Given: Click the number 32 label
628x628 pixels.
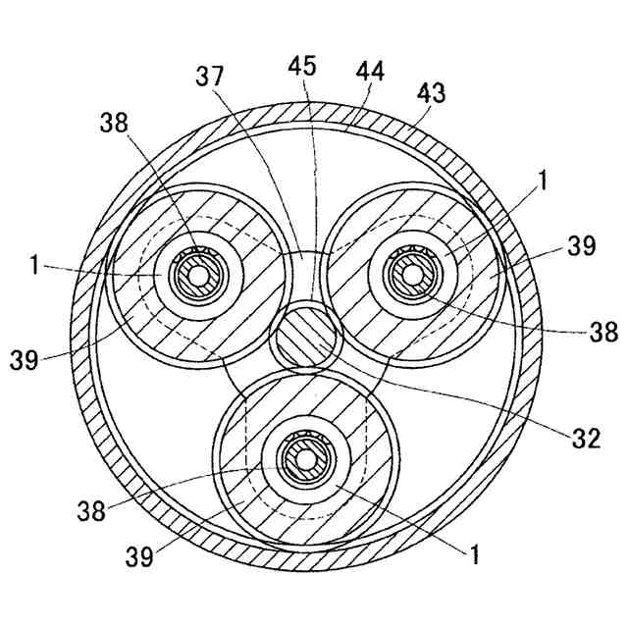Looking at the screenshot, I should click(586, 439).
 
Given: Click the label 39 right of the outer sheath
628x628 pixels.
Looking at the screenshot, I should click(581, 245).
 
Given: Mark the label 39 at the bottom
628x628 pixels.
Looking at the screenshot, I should click(141, 557).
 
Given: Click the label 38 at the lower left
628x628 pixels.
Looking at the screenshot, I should click(93, 511).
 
